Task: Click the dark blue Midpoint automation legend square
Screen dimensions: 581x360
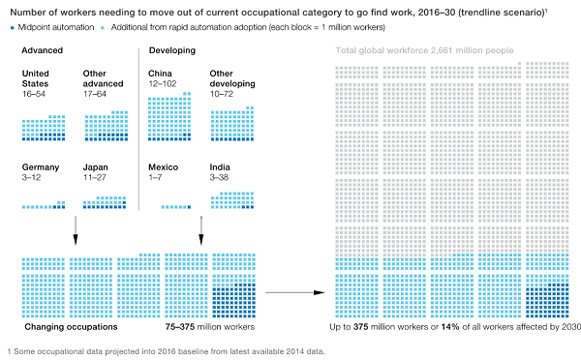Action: pos(13,28)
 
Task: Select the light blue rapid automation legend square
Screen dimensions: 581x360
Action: pos(103,28)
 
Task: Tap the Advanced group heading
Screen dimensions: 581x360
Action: pos(43,50)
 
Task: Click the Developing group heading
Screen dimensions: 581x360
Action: pos(172,50)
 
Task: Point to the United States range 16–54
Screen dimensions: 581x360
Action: pos(34,94)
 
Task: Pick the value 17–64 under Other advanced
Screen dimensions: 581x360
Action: pos(95,94)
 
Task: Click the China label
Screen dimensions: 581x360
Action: pos(160,74)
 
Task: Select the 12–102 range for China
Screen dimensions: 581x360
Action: pos(163,83)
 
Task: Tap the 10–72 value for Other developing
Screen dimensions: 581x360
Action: pos(222,94)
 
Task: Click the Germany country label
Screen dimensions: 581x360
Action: pos(41,167)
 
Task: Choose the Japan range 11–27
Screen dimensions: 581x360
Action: pos(95,177)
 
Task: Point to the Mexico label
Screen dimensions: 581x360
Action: pos(164,167)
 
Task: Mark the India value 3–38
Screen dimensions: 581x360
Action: pos(219,177)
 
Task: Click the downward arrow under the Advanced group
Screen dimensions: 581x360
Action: pos(76,230)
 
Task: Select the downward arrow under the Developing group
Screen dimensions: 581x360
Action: pos(201,230)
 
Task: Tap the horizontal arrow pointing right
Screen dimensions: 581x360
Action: pos(295,292)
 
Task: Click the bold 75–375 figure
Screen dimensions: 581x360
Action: pos(180,327)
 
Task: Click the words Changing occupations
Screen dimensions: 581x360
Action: pos(71,327)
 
